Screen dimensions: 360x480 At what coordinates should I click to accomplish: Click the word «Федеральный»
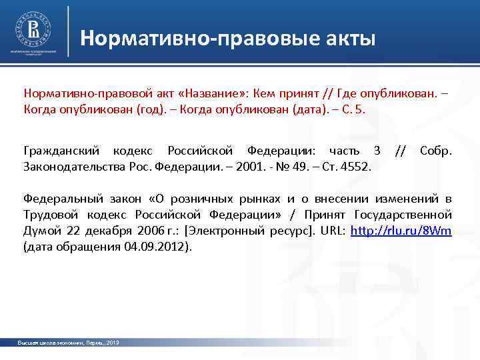click(x=63, y=199)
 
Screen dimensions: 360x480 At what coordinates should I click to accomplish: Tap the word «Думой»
click(x=41, y=231)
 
